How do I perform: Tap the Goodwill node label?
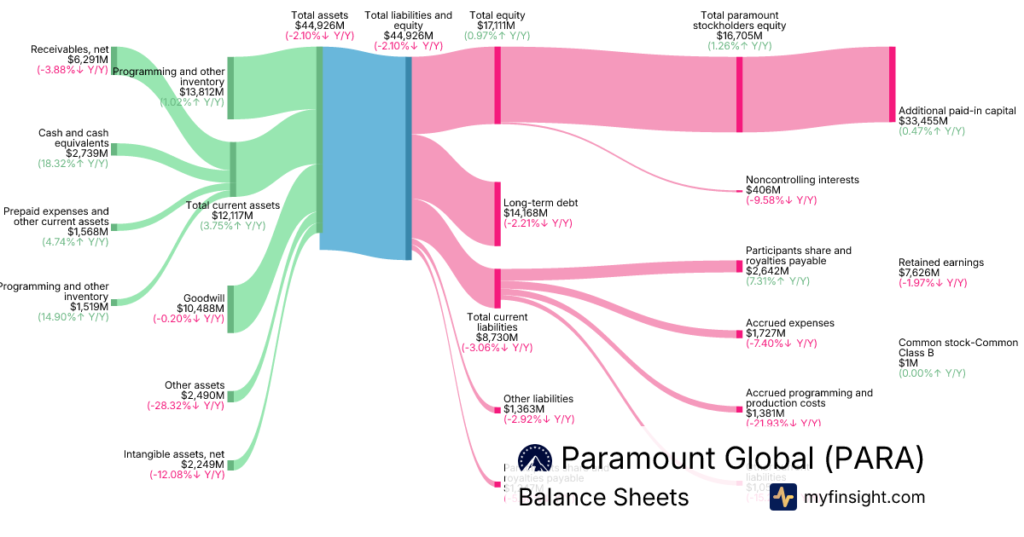pyautogui.click(x=204, y=297)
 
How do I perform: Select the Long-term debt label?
pyautogui.click(x=541, y=203)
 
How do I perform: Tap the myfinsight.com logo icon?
pyautogui.click(x=783, y=497)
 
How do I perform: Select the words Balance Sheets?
pyautogui.click(x=603, y=497)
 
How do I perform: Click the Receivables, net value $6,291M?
pyautogui.click(x=88, y=60)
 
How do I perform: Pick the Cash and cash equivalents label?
pyautogui.click(x=73, y=138)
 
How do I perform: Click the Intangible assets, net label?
pyautogui.click(x=174, y=454)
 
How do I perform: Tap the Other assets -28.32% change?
pyautogui.click(x=185, y=406)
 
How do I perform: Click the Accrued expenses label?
pyautogui.click(x=790, y=323)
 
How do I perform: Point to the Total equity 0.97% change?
pyautogui.click(x=497, y=36)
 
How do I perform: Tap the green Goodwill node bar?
pyautogui.click(x=230, y=308)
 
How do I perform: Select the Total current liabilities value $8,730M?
pyautogui.click(x=497, y=338)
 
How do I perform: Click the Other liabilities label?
pyautogui.click(x=538, y=399)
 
